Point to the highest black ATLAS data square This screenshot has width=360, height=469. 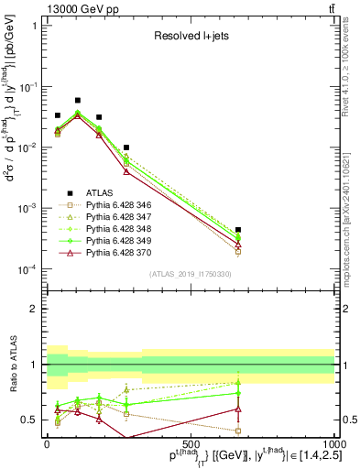78,100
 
